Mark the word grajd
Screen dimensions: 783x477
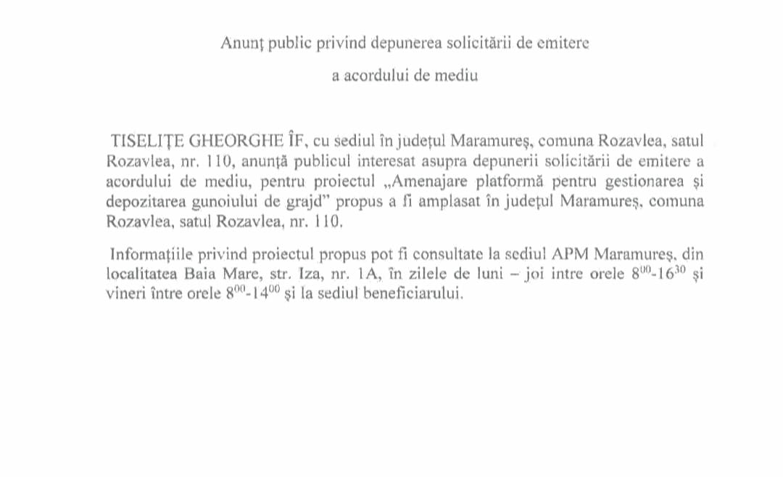pyautogui.click(x=292, y=201)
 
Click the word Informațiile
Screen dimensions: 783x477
pyautogui.click(x=149, y=255)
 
